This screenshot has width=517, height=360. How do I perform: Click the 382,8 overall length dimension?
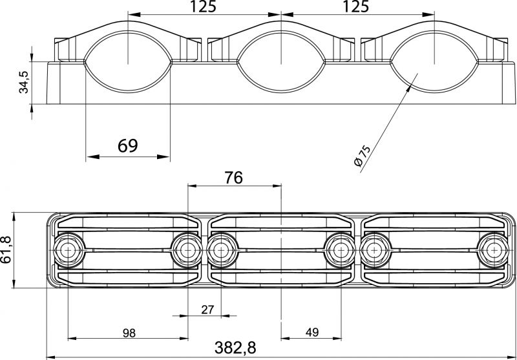pyautogui.click(x=235, y=348)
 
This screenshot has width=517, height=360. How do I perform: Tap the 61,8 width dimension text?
pyautogui.click(x=6, y=249)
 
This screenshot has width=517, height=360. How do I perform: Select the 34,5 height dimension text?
pyautogui.click(x=24, y=82)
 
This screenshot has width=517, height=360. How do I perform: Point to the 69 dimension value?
pyautogui.click(x=127, y=145)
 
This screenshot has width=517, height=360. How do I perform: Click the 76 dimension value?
pyautogui.click(x=234, y=178)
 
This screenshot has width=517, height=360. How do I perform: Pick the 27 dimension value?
pyautogui.click(x=207, y=310)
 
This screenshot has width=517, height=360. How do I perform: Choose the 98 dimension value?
pyautogui.click(x=129, y=334)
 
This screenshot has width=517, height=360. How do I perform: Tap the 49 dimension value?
pyautogui.click(x=312, y=333)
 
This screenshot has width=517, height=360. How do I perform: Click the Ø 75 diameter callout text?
pyautogui.click(x=362, y=156)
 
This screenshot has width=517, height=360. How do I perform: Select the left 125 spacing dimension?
pyautogui.click(x=203, y=6)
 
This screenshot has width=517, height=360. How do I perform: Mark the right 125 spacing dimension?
pyautogui.click(x=356, y=6)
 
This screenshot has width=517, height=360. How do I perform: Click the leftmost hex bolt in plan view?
pyautogui.click(x=69, y=251)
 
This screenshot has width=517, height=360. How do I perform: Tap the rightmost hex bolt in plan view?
pyautogui.click(x=494, y=251)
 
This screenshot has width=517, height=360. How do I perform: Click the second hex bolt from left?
pyautogui.click(x=187, y=251)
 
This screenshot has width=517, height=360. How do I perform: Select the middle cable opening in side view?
pyautogui.click(x=281, y=61)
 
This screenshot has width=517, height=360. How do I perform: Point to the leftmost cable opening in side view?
pyautogui.click(x=128, y=61)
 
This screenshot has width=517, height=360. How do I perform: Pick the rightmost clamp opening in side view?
pyautogui.click(x=434, y=61)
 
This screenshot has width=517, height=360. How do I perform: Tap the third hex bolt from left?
pyautogui.click(x=222, y=251)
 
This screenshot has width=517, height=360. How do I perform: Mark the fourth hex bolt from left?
pyautogui.click(x=340, y=251)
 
